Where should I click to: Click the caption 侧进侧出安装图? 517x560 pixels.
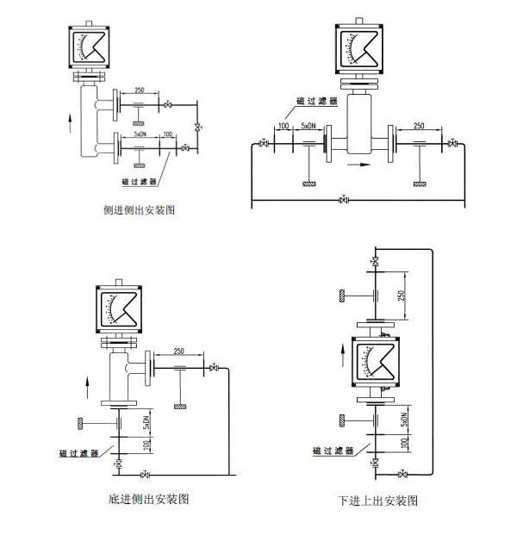click(x=139, y=209)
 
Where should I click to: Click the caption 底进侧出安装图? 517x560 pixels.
click(x=149, y=498)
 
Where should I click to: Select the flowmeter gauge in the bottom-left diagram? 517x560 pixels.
click(x=117, y=309)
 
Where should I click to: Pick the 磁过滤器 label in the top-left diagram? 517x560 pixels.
click(x=140, y=181)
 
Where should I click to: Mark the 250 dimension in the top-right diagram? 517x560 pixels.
click(x=419, y=127)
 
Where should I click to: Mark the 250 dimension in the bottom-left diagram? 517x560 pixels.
click(x=178, y=352)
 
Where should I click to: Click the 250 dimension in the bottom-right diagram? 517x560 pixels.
click(x=402, y=296)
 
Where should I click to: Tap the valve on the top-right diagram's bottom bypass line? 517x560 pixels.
click(x=344, y=201)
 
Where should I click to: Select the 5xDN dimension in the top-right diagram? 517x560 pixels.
click(x=308, y=127)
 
